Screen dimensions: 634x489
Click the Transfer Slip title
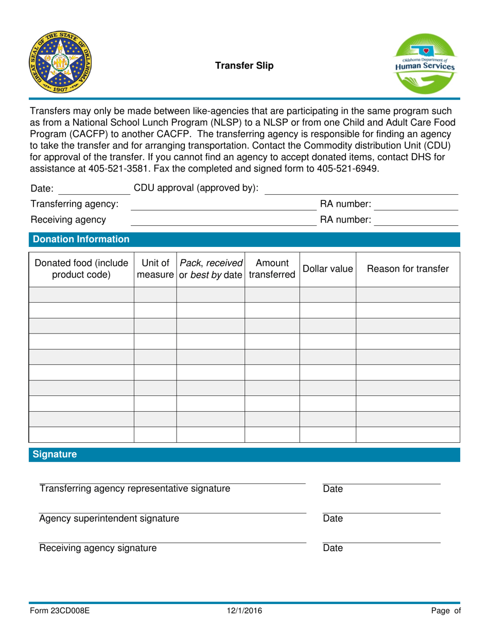tap(244, 65)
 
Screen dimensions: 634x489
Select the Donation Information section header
tap(81, 239)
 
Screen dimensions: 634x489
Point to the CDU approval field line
tap(360, 190)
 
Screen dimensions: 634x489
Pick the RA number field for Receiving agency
tap(415, 221)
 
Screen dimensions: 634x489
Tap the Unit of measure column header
tap(155, 269)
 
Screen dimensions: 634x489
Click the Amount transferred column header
tap(272, 269)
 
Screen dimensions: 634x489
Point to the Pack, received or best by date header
tap(211, 269)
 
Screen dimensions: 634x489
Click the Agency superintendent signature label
tap(110, 519)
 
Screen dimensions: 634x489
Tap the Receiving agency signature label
tap(98, 548)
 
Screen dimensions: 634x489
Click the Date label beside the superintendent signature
tap(333, 519)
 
